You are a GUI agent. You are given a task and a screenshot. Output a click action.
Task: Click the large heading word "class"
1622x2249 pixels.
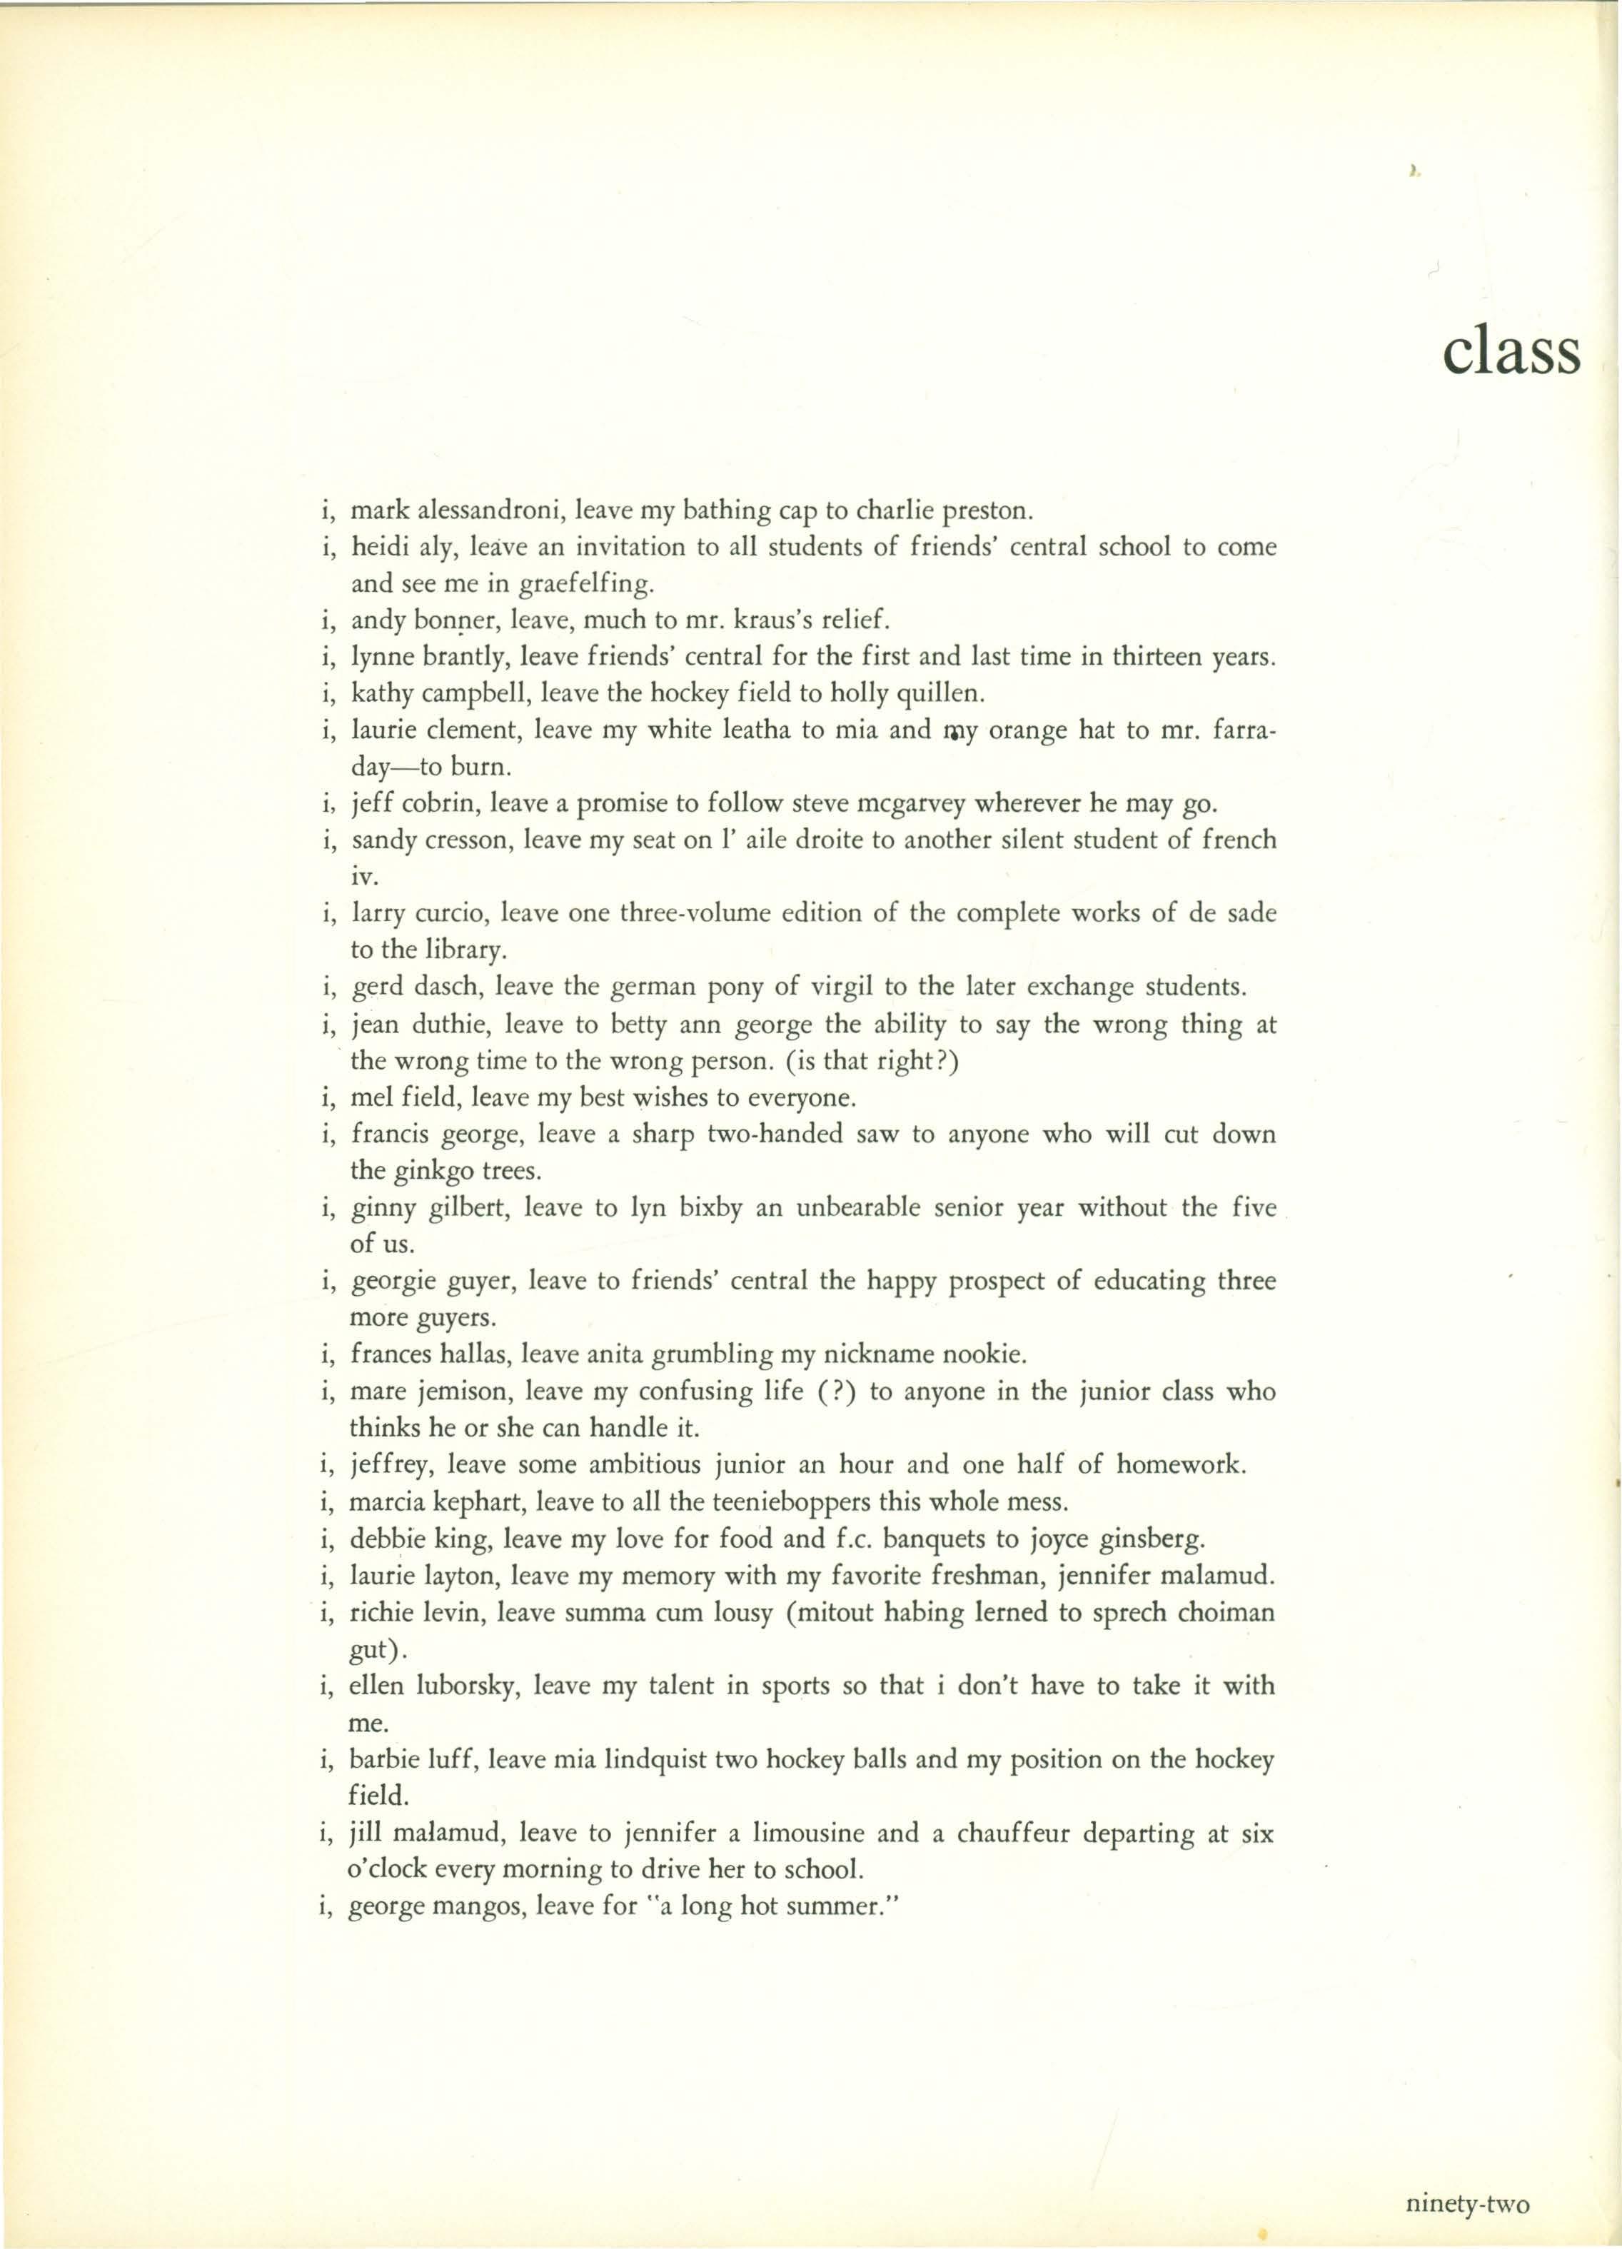click(1510, 352)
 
